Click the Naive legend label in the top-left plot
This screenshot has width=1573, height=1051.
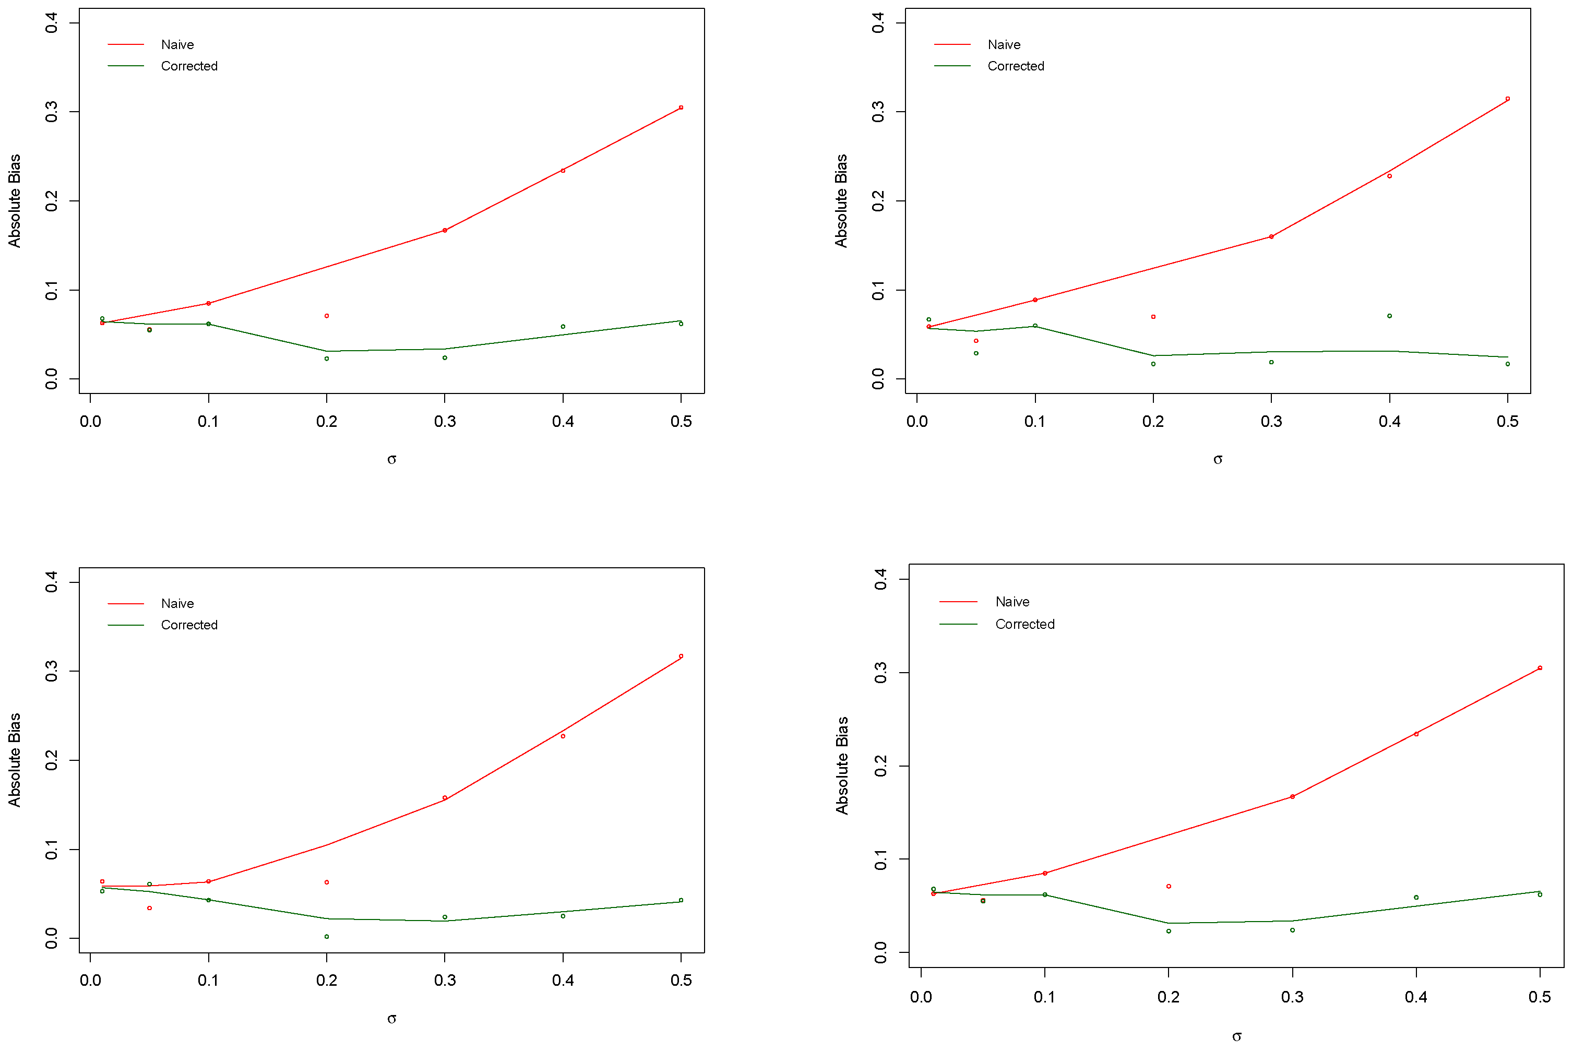coord(177,45)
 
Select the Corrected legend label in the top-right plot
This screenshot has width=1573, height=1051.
coord(1016,66)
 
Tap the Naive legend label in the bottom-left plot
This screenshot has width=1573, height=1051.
coord(177,604)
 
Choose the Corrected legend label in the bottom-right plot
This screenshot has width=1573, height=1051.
coord(1024,625)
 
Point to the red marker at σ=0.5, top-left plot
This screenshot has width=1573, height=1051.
coord(681,108)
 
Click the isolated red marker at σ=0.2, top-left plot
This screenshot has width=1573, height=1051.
coord(326,316)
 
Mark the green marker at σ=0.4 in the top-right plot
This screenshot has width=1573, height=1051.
coord(1389,316)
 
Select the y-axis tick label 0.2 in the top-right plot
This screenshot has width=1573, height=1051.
coord(878,201)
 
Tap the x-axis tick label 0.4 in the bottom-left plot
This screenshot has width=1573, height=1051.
coord(563,981)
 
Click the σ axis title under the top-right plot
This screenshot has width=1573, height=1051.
coord(1218,460)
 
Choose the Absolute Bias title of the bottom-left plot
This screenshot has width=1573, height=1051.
coord(15,760)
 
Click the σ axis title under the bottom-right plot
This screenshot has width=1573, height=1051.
coord(1236,1037)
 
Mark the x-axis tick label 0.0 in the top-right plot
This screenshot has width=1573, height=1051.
coord(917,422)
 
